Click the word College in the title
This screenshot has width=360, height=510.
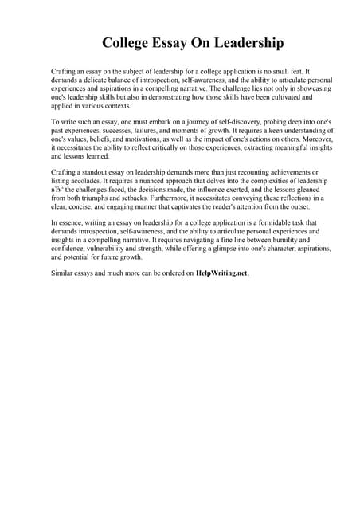pyautogui.click(x=130, y=41)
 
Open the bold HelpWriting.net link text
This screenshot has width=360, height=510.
pyautogui.click(x=221, y=273)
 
